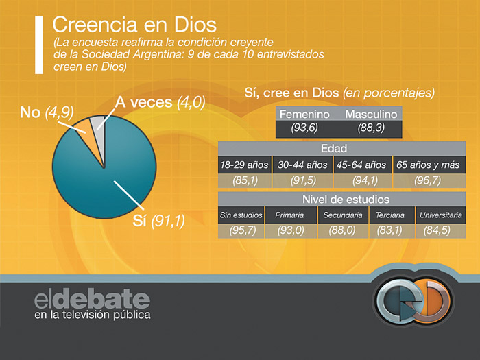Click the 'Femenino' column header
tap(304, 114)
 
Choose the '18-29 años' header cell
tap(243, 165)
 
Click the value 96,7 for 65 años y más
tap(428, 180)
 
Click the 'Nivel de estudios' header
tap(341, 199)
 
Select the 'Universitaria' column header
tap(440, 215)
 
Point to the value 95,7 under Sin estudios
tap(242, 230)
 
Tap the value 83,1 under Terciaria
tap(390, 230)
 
